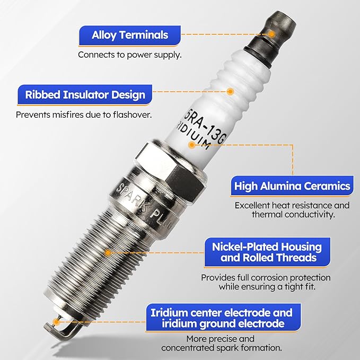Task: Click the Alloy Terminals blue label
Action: point(130,36)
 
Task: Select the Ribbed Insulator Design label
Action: point(85,94)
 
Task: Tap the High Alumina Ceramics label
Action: point(292,186)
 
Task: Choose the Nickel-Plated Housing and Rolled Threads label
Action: point(267,252)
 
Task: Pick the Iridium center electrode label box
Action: point(223,318)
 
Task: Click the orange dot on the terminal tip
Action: point(271,34)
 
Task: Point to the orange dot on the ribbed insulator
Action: point(230,91)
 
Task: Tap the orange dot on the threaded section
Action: point(108,253)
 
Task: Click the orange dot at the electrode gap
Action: point(56,322)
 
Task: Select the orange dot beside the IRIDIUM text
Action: point(192,145)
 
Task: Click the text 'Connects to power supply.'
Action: point(130,55)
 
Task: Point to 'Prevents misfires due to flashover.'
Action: point(84,115)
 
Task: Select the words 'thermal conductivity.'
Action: point(293,214)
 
